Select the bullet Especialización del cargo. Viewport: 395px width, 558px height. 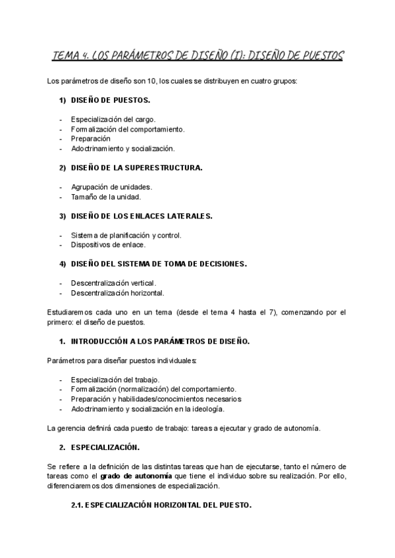(x=113, y=119)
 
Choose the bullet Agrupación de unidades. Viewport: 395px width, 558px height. (x=111, y=187)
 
